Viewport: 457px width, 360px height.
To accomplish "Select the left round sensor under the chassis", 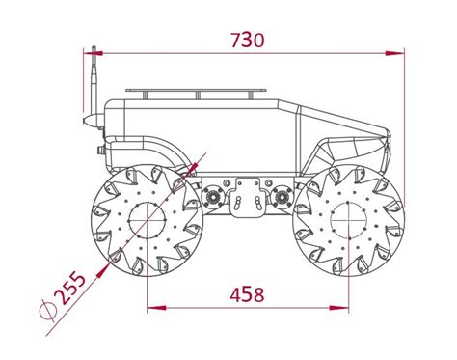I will (x=213, y=197).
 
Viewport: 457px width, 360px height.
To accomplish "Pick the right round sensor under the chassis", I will (x=282, y=197).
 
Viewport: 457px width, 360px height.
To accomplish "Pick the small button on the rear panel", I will (x=100, y=151).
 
